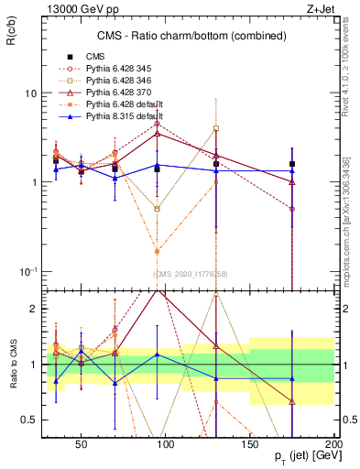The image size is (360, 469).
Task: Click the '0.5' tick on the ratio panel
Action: coord(28,420)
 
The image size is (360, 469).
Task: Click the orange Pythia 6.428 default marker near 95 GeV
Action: coord(157,251)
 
